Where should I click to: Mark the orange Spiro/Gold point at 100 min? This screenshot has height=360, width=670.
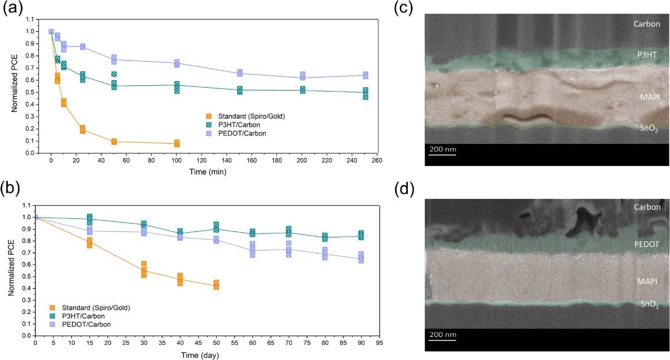pos(177,143)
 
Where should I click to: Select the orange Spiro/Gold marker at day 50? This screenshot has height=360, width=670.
pos(216,285)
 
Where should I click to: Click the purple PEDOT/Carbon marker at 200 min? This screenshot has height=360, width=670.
pos(303,76)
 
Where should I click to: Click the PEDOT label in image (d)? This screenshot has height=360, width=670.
pos(647,244)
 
